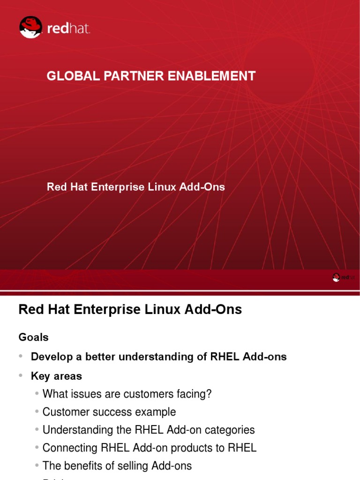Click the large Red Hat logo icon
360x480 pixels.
(x=31, y=27)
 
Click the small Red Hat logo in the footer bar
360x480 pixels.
(x=336, y=277)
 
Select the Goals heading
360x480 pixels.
(x=33, y=337)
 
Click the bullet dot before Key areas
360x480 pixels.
(x=21, y=376)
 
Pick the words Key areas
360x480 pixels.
(x=56, y=376)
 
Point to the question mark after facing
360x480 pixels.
(x=209, y=394)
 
